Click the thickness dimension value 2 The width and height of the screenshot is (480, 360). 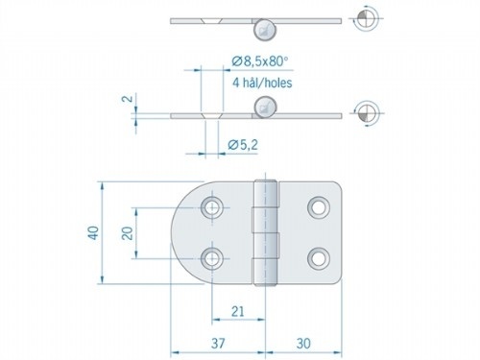[127, 99]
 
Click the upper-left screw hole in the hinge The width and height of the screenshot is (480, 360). [211, 206]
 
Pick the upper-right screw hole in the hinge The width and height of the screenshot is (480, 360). [318, 206]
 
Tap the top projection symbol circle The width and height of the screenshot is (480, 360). [365, 16]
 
